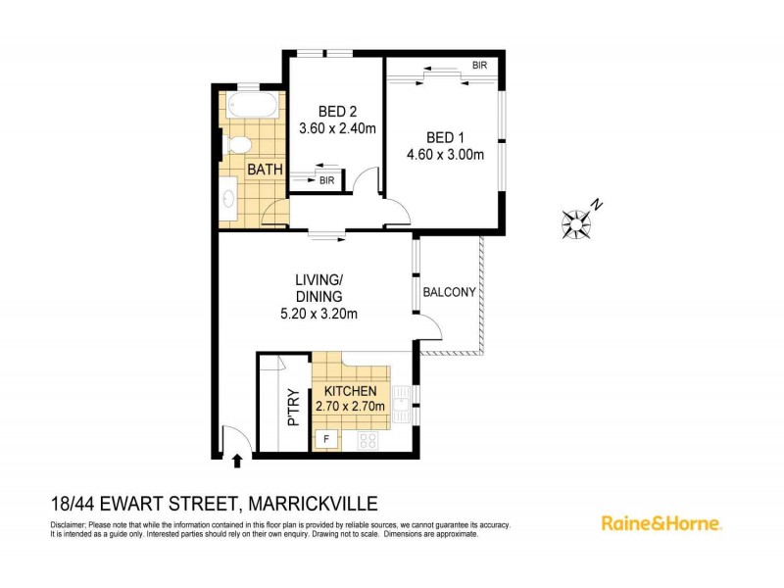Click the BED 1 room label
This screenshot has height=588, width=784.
pos(445,136)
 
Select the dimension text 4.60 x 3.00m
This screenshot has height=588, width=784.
pos(445,154)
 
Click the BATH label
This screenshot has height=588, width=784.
pos(265,170)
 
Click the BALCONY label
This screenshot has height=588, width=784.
pos(449,292)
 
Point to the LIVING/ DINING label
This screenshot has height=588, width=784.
pos(318,287)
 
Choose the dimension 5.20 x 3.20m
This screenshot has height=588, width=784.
pos(318,315)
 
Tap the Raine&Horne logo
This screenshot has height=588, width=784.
pos(661,522)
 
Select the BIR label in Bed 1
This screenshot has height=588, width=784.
pos(479,66)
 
